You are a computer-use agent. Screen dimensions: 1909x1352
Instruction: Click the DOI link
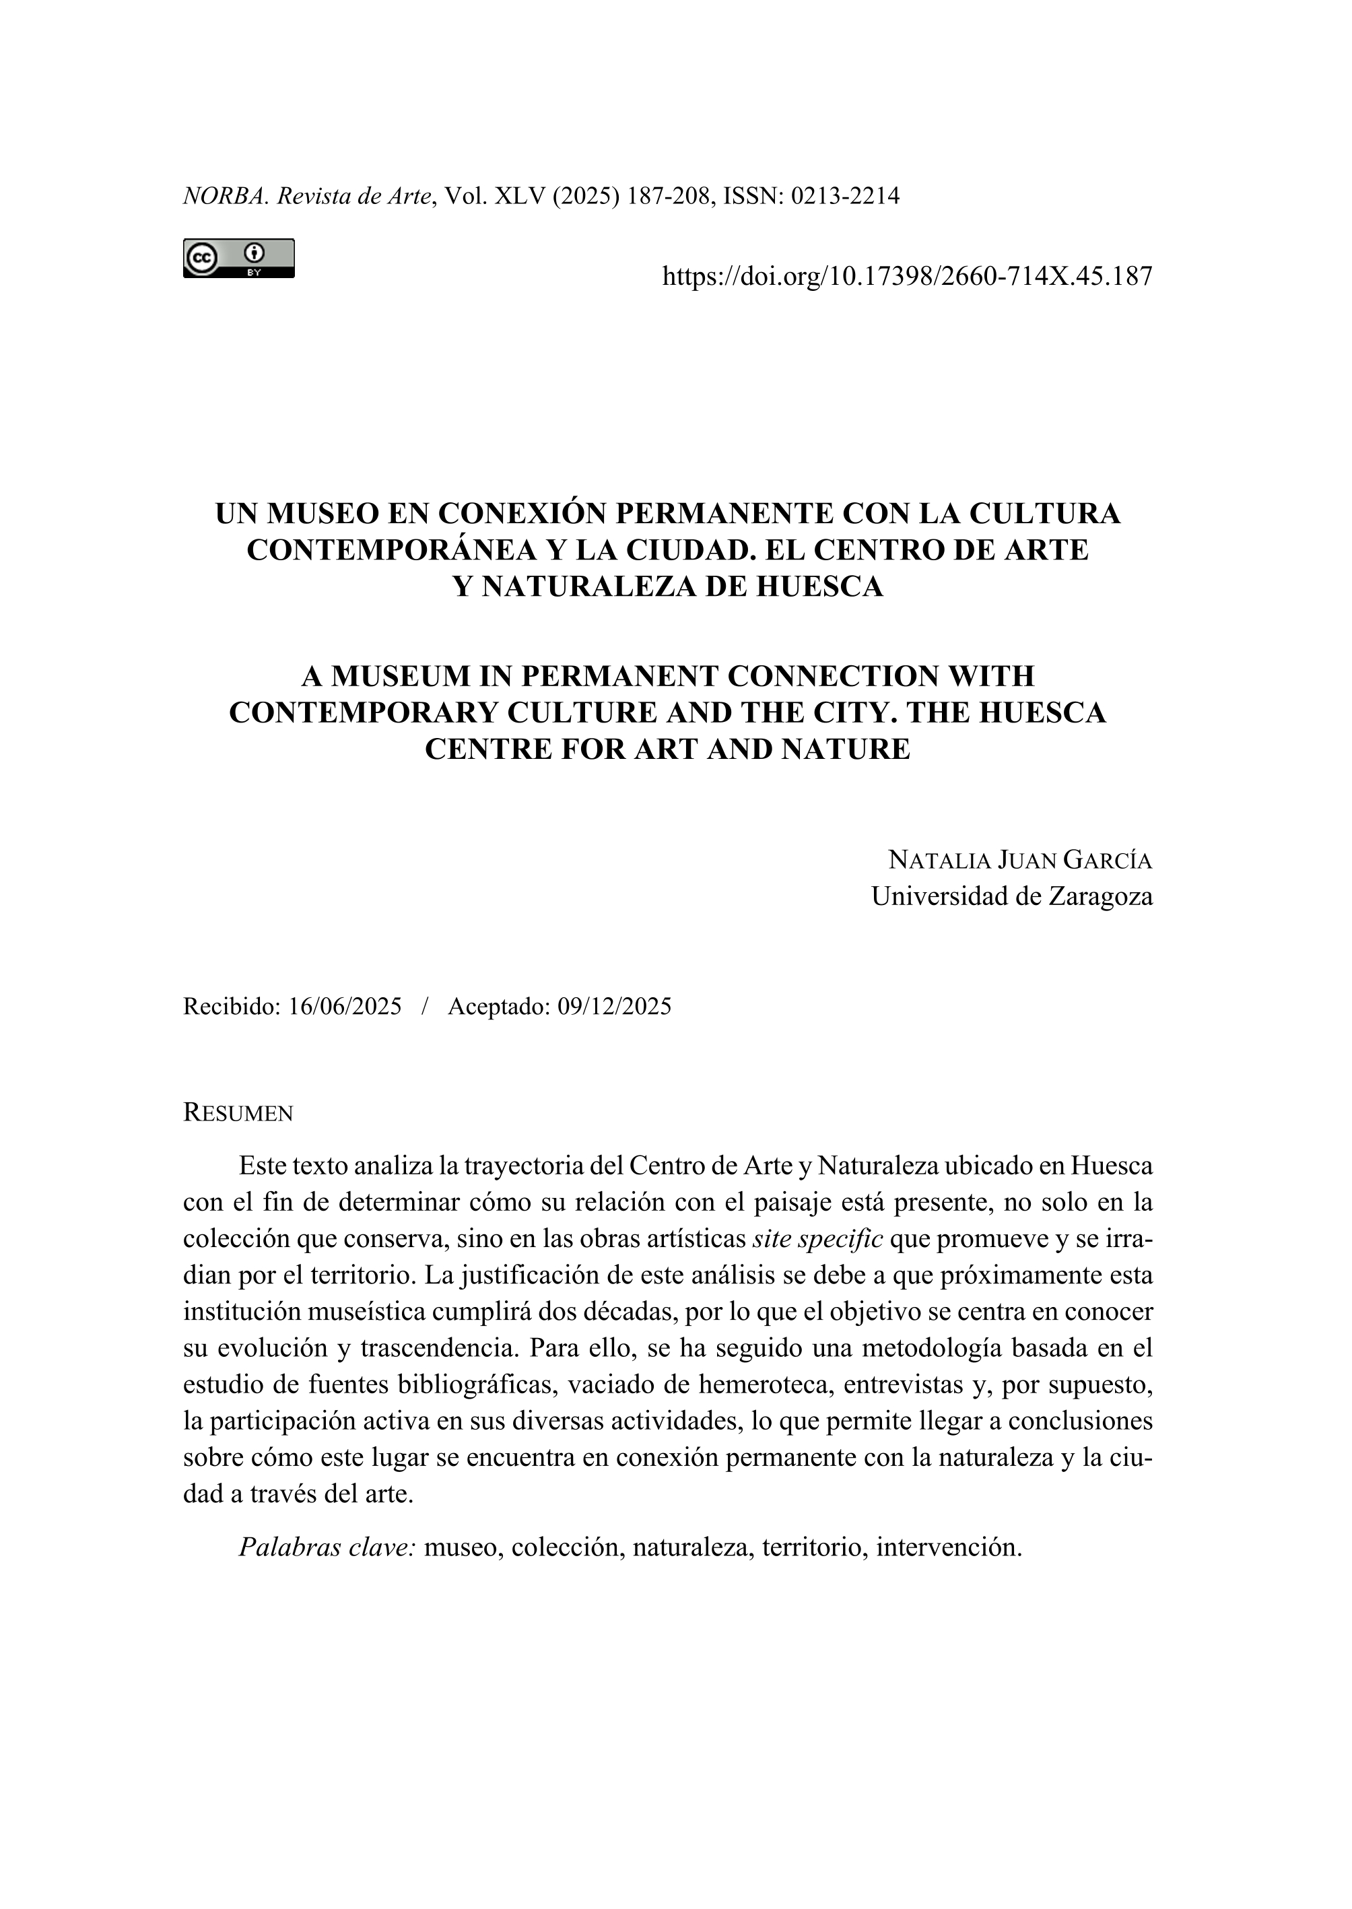pyautogui.click(x=906, y=275)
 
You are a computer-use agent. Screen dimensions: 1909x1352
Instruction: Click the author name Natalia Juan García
pyautogui.click(x=1020, y=859)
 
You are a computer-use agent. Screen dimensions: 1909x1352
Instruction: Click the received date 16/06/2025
pyautogui.click(x=345, y=1006)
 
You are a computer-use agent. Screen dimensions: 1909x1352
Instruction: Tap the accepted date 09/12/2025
pyautogui.click(x=615, y=1006)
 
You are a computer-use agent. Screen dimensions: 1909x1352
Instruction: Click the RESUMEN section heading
pyautogui.click(x=238, y=1113)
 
